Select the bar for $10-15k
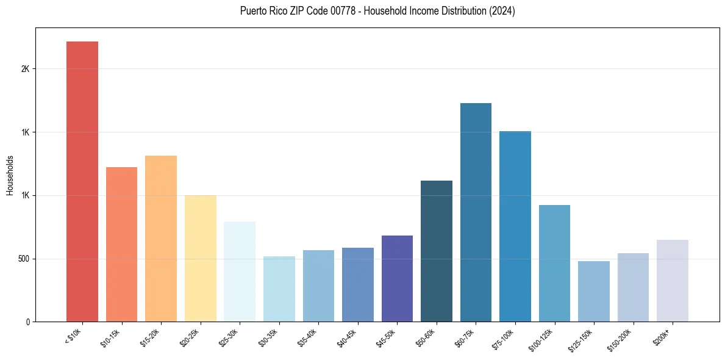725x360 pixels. click(x=121, y=244)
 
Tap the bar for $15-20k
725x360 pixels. click(x=161, y=239)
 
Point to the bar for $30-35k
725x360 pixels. click(x=279, y=289)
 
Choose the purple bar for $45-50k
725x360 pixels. click(x=397, y=278)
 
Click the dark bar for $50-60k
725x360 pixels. click(x=437, y=251)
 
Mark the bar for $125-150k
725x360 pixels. click(x=594, y=291)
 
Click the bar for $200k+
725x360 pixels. click(x=673, y=281)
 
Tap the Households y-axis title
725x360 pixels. click(x=10, y=175)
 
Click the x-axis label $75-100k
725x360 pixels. click(x=504, y=337)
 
